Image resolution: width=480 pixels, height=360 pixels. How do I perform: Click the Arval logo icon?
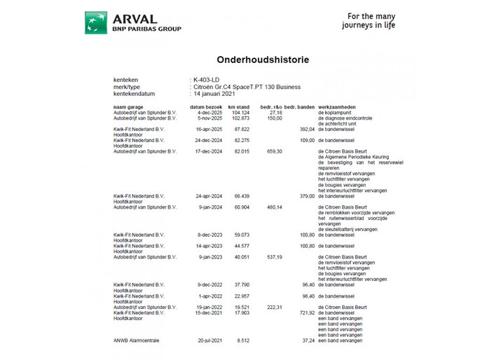96,22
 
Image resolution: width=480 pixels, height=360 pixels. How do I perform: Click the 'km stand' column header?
239,106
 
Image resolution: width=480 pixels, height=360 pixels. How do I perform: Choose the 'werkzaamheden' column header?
339,106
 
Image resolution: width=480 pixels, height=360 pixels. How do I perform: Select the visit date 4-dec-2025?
210,112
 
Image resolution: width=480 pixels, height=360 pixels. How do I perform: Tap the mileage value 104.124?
240,112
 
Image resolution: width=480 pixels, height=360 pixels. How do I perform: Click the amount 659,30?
272,151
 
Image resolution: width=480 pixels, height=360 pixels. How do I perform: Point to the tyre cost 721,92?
304,312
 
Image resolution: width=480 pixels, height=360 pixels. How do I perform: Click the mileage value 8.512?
243,340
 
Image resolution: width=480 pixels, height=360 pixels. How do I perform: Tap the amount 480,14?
272,207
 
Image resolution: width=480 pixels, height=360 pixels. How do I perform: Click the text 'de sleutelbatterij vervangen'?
348,229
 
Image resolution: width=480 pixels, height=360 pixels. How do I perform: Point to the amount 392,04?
304,129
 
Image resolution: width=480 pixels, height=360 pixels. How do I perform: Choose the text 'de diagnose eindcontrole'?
345,118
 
